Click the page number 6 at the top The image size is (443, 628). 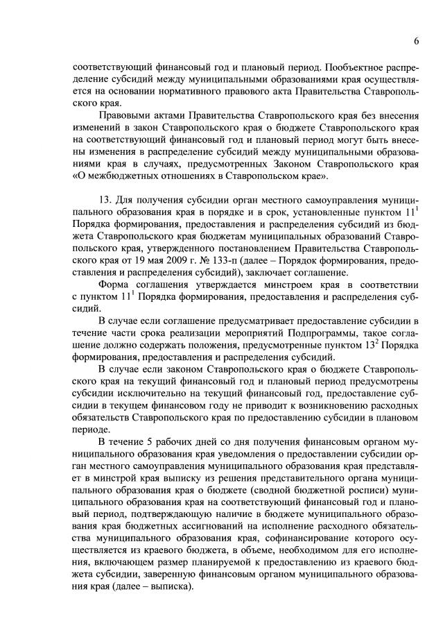pos(416,41)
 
